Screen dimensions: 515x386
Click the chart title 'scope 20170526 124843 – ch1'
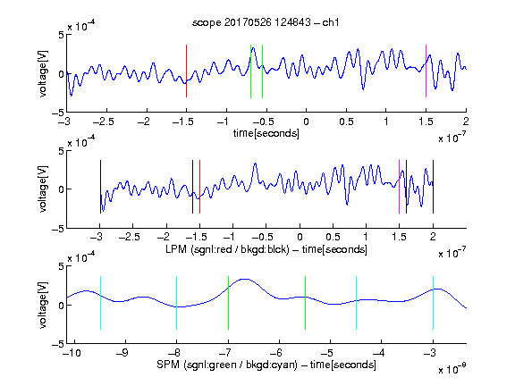tap(266, 22)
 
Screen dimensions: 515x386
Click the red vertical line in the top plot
tap(186, 71)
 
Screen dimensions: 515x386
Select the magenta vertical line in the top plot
tap(426, 71)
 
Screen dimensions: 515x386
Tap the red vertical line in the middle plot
tap(199, 187)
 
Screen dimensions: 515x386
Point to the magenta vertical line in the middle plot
tap(399, 187)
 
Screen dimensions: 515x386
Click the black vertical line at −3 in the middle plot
tap(100, 187)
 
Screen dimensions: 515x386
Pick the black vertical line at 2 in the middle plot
tap(433, 187)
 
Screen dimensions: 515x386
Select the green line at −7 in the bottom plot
tap(228, 303)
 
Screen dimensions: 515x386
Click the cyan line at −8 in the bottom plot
tap(177, 303)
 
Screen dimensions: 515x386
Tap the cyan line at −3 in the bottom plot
tap(433, 303)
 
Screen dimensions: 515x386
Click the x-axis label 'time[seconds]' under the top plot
tap(266, 133)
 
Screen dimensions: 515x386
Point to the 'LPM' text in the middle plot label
tap(176, 249)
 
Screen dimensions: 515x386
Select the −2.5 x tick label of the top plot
tap(103, 122)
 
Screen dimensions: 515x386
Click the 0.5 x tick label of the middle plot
tap(333, 237)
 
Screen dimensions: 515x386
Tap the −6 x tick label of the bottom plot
tap(278, 353)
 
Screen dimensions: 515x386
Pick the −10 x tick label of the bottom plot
tap(72, 353)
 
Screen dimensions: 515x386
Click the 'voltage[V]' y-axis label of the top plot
tap(43, 73)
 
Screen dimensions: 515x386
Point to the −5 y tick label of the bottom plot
tap(58, 344)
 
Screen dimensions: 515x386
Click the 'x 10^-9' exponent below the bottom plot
tap(452, 369)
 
